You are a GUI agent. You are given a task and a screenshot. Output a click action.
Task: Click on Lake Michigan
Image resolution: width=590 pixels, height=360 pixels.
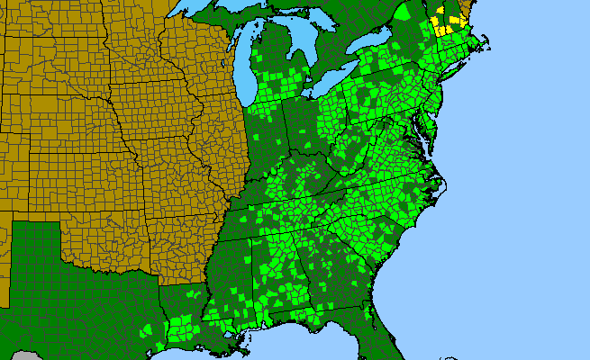pyautogui.click(x=242, y=67)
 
